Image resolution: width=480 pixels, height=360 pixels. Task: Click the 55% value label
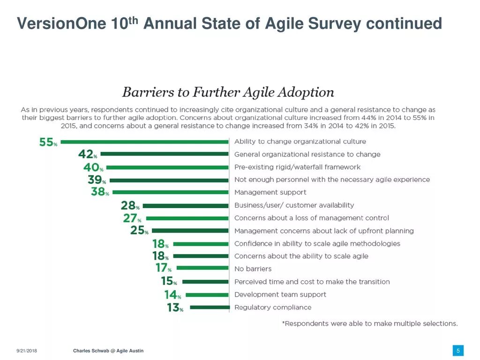[48, 142]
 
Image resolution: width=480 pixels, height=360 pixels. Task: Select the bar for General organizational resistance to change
[164, 154]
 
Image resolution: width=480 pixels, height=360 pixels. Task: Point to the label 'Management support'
[270, 192]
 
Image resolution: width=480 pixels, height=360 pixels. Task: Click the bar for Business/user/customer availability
[186, 206]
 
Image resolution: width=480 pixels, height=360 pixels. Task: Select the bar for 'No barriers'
[202, 269]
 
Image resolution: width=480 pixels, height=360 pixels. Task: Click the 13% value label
[175, 308]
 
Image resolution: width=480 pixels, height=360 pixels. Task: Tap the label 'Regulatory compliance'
[273, 307]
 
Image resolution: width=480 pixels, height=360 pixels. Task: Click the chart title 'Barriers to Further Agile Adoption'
[228, 92]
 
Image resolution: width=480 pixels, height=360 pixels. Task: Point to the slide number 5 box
[458, 351]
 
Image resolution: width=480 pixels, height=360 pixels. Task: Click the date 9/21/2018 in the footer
[27, 351]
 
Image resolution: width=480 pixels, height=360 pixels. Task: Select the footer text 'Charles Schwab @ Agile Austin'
[108, 351]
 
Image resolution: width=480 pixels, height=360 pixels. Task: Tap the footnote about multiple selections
[369, 323]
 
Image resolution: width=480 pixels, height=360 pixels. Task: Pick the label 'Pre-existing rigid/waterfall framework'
[297, 167]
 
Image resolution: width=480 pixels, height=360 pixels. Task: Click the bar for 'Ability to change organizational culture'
[144, 142]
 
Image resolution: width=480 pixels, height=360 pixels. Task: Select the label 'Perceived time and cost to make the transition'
[312, 282]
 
